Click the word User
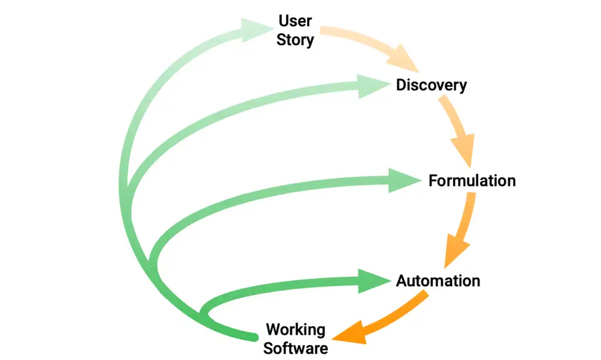pos(296,22)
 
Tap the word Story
pos(296,40)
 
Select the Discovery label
pos(432,85)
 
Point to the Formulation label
pos(472,180)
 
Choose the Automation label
pos(438,281)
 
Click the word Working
pos(296,329)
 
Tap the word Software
pos(296,348)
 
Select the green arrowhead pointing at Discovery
pos(373,86)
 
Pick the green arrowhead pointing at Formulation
pos(405,180)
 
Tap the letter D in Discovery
pos(402,85)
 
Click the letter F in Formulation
pos(433,180)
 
